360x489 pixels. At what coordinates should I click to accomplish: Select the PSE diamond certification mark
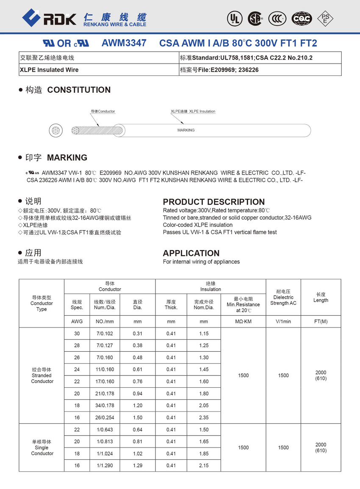pyautogui.click(x=325, y=18)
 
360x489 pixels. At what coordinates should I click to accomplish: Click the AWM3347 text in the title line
pyautogui.click(x=124, y=43)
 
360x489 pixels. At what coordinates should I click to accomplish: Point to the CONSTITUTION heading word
pyautogui.click(x=79, y=90)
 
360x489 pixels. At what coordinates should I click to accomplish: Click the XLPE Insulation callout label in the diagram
pyautogui.click(x=193, y=111)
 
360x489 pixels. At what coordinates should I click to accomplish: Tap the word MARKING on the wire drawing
pyautogui.click(x=186, y=130)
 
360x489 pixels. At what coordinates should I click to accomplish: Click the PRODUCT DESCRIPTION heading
pyautogui.click(x=213, y=202)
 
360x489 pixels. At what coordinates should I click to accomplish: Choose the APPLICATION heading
pyautogui.click(x=191, y=253)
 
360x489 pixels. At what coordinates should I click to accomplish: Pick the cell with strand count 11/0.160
pyautogui.click(x=105, y=370)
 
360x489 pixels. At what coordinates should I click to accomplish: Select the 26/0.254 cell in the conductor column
pyautogui.click(x=105, y=417)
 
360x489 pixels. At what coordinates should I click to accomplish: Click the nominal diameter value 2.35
pyautogui.click(x=204, y=417)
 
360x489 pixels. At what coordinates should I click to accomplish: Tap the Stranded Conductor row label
pyautogui.click(x=42, y=375)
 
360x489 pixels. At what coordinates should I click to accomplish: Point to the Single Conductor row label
pyautogui.click(x=42, y=447)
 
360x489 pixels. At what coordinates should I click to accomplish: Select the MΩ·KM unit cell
pyautogui.click(x=243, y=322)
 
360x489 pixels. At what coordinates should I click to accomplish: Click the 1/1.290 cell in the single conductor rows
pyautogui.click(x=105, y=466)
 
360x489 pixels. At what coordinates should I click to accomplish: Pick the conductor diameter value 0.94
pyautogui.click(x=138, y=394)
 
